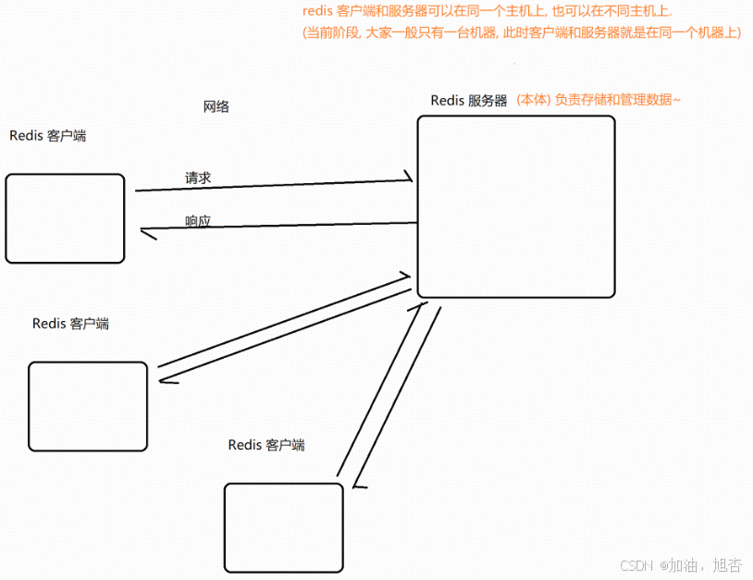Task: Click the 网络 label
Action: click(216, 106)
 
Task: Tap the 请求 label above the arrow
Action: click(199, 177)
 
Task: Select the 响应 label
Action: click(198, 221)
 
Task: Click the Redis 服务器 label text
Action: click(469, 101)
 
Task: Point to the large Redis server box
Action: click(515, 206)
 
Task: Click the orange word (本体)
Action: click(534, 100)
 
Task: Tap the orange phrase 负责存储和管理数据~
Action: click(618, 100)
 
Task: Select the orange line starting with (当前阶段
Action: click(522, 32)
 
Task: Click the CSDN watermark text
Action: click(637, 564)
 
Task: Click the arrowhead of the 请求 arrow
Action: click(408, 176)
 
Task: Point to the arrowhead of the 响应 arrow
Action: click(146, 231)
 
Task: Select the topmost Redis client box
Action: click(65, 218)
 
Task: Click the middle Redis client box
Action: click(88, 406)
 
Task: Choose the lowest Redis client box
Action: click(283, 527)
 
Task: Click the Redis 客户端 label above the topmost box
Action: click(48, 136)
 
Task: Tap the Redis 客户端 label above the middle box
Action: click(70, 324)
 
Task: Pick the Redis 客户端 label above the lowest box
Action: click(266, 445)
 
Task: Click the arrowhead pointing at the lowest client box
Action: click(359, 485)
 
